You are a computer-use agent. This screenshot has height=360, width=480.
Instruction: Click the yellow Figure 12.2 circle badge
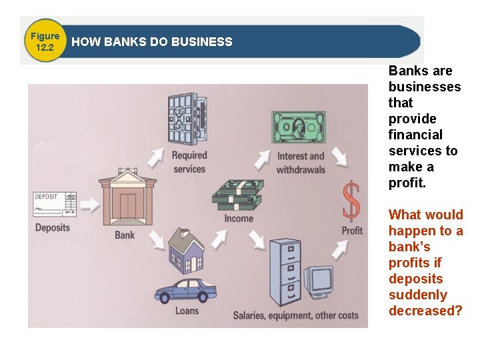point(45,41)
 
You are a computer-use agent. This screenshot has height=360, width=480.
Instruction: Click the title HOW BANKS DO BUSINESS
point(152,42)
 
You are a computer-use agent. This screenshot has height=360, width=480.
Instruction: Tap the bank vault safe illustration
point(187,119)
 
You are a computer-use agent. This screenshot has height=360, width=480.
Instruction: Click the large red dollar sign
point(351,201)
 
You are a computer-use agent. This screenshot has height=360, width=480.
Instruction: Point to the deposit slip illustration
point(55,204)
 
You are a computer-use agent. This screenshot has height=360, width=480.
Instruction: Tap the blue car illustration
point(186,291)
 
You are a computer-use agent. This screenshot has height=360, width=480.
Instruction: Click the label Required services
point(190,162)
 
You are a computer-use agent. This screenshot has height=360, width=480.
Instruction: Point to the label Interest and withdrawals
point(300,163)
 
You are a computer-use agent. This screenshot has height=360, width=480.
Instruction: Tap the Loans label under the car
point(187,311)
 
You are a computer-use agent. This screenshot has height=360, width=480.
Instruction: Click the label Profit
point(352,231)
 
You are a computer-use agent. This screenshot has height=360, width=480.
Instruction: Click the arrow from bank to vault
point(155,157)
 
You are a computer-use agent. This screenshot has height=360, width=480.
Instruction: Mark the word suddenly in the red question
point(417,295)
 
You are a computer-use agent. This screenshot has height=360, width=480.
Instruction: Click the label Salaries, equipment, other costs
point(295,315)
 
